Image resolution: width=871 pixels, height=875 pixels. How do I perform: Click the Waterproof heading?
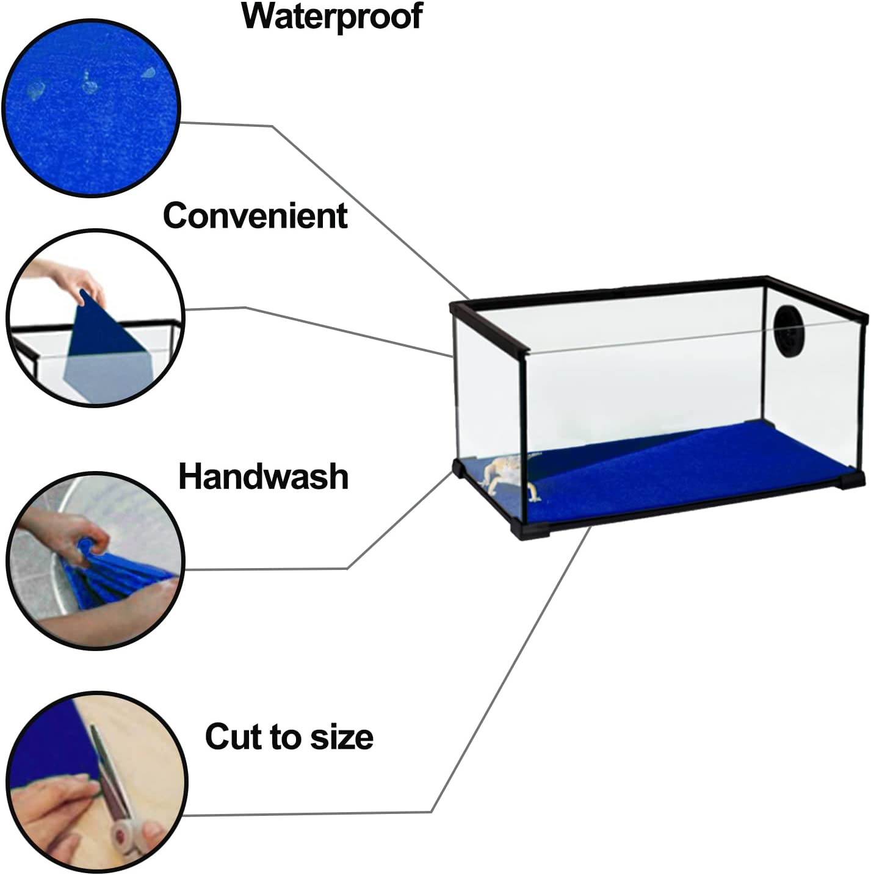click(x=332, y=17)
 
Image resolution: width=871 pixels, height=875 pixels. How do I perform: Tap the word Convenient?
click(x=255, y=215)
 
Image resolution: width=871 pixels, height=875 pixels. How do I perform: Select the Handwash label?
click(x=264, y=477)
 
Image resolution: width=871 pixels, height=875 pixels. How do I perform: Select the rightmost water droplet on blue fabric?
click(x=148, y=73)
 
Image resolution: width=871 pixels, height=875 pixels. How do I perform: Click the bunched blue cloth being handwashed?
click(x=114, y=572)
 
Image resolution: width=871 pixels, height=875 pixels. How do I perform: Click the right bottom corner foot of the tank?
click(x=850, y=480)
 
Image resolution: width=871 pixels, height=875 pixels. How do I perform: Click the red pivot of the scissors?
click(x=121, y=834)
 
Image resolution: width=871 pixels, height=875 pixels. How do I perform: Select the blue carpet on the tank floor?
click(x=659, y=477)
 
